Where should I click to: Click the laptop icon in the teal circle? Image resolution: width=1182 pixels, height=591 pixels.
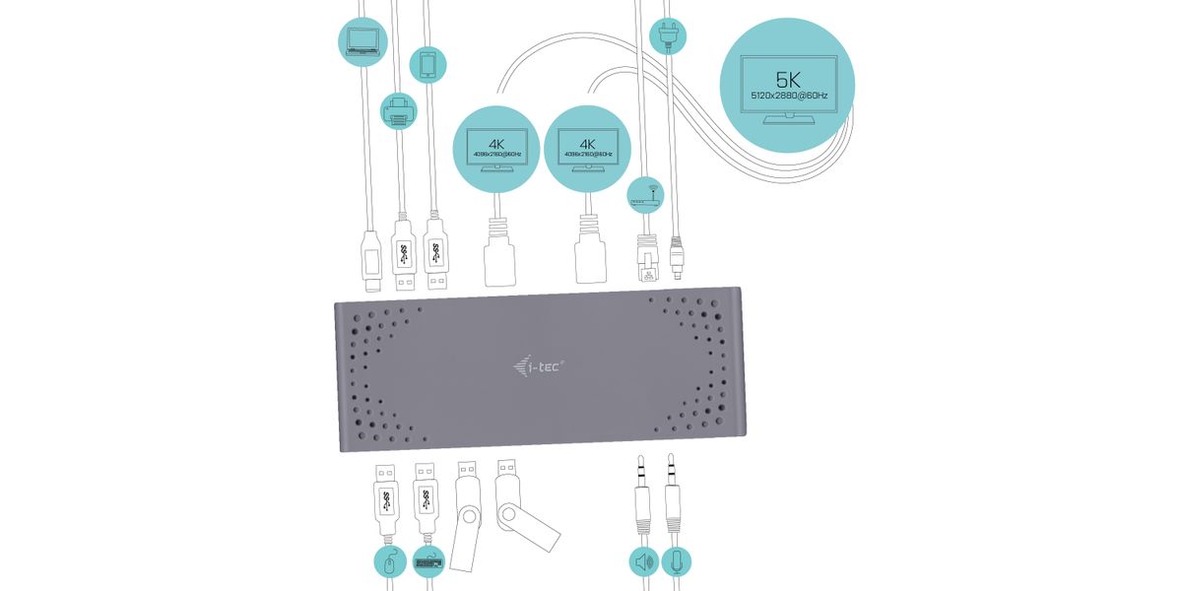coord(362,40)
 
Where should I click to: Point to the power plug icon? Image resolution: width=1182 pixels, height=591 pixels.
coord(668,36)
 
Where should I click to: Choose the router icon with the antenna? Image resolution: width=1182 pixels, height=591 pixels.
coord(644,193)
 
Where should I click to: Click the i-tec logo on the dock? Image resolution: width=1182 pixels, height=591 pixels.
coord(539,368)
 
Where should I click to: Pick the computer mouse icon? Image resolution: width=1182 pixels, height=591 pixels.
coord(391,563)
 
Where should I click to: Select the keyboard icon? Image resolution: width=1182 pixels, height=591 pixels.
coord(429,563)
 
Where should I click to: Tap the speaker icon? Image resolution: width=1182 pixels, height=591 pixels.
coord(643,563)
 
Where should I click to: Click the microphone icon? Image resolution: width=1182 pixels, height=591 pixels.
coord(676,563)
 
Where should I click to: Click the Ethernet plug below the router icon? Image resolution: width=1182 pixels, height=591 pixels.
coord(647,260)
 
